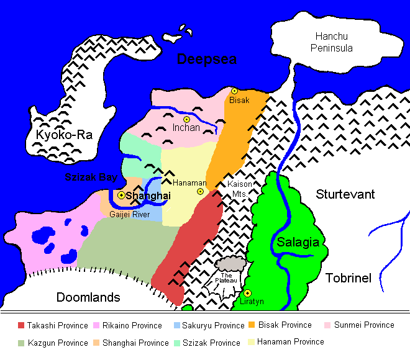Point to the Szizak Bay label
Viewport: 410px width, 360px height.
(x=91, y=178)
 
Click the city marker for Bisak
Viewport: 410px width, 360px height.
(x=235, y=91)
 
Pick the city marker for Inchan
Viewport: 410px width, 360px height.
(x=186, y=119)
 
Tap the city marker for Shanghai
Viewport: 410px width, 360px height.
(x=121, y=196)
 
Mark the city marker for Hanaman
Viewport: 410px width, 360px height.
(x=200, y=191)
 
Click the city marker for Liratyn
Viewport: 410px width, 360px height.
(x=247, y=293)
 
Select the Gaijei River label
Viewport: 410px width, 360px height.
(x=129, y=214)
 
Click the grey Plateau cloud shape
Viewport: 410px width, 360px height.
(x=231, y=266)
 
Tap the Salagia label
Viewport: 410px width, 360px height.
(x=298, y=242)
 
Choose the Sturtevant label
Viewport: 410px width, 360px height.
(x=345, y=194)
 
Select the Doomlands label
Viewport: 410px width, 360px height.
(x=88, y=297)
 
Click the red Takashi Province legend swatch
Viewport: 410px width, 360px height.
(x=21, y=325)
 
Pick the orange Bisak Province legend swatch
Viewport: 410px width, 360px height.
(x=252, y=325)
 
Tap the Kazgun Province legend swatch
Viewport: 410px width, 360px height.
(x=21, y=343)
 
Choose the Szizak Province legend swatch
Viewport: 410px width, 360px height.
(x=177, y=343)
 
